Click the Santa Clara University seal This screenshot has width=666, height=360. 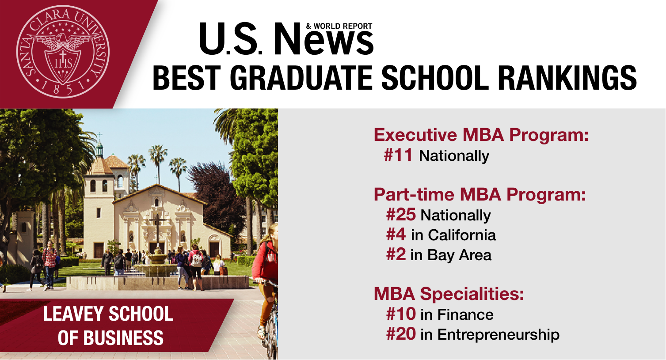click(63, 52)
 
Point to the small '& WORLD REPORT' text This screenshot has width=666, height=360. click(339, 26)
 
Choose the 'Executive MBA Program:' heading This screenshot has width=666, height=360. click(481, 135)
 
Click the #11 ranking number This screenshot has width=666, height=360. click(398, 155)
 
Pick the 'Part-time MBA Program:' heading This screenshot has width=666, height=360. click(480, 194)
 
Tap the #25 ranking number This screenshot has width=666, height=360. click(401, 215)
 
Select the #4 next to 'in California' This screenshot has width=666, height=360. click(396, 235)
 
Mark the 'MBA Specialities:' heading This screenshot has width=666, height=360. click(449, 294)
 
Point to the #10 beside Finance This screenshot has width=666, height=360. click(401, 314)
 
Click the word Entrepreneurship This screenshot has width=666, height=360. click(498, 334)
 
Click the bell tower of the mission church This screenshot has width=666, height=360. click(99, 177)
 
